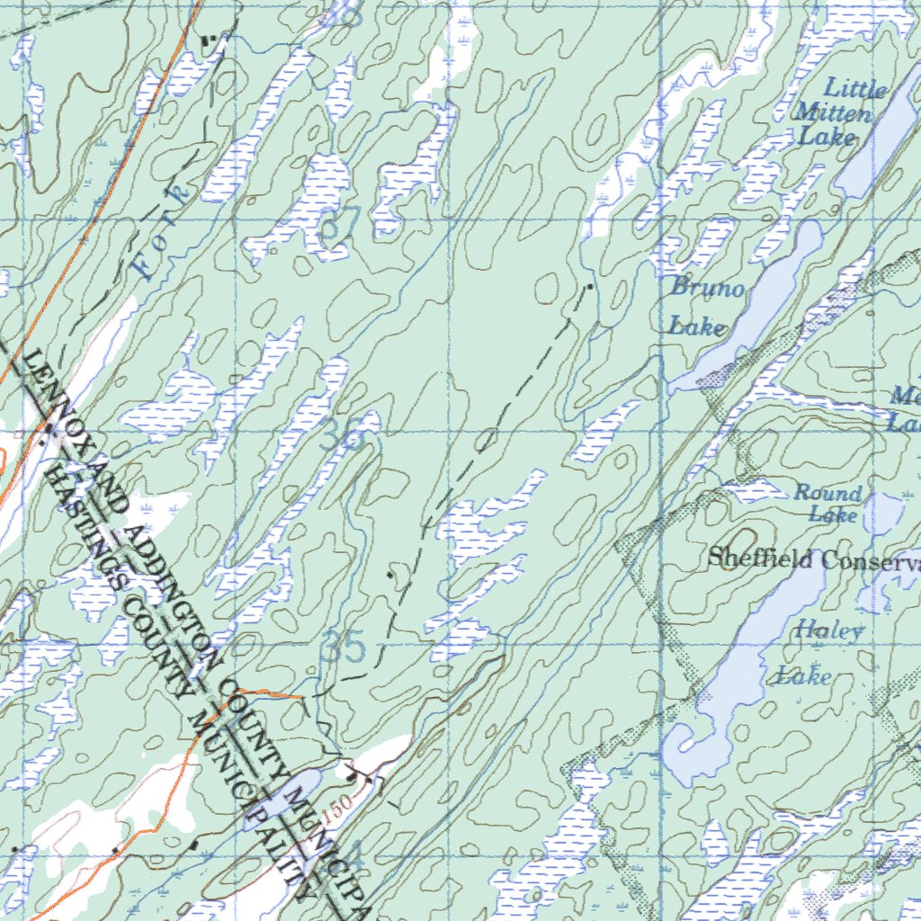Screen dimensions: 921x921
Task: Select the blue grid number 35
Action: click(x=344, y=649)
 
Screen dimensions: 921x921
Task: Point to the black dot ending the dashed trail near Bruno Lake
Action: click(x=589, y=287)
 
